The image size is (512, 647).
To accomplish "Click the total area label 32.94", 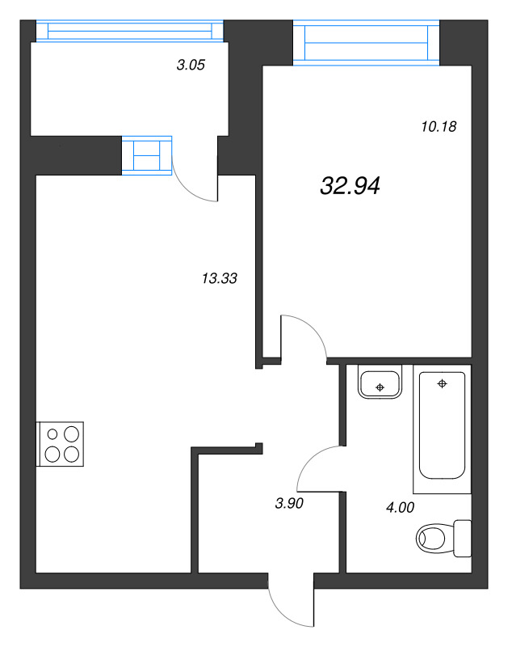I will [350, 187].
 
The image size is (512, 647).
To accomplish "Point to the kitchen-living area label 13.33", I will [219, 279].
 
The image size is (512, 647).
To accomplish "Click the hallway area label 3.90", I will [290, 503].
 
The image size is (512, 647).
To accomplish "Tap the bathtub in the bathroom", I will [440, 429].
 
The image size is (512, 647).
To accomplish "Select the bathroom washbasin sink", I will [380, 383].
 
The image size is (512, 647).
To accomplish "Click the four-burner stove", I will [61, 443].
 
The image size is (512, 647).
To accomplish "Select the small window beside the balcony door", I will [148, 154].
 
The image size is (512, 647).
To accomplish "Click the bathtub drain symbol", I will [441, 383].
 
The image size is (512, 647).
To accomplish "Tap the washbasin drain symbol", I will [380, 387].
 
